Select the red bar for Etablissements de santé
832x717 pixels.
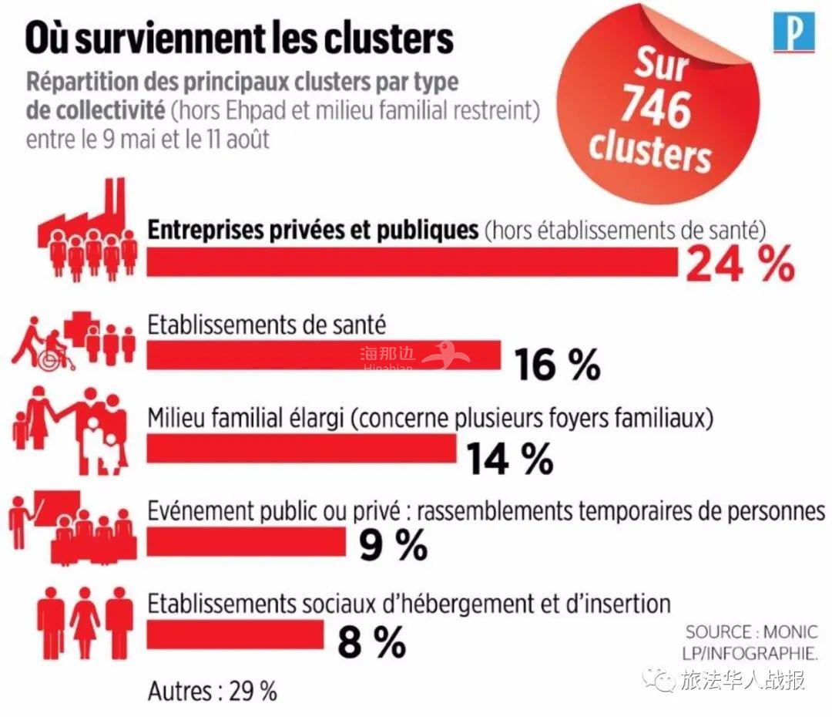pyautogui.click(x=324, y=355)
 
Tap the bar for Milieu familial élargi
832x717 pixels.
pyautogui.click(x=301, y=449)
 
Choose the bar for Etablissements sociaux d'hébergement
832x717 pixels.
pyautogui.click(x=235, y=635)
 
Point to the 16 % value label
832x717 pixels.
pyautogui.click(x=557, y=364)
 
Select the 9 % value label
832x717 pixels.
pyautogui.click(x=393, y=546)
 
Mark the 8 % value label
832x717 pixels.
pyautogui.click(x=371, y=641)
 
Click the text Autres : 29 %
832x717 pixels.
pyautogui.click(x=212, y=691)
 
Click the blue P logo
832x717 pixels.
pyautogui.click(x=793, y=33)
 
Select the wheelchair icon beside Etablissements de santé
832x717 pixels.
pyautogui.click(x=53, y=348)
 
